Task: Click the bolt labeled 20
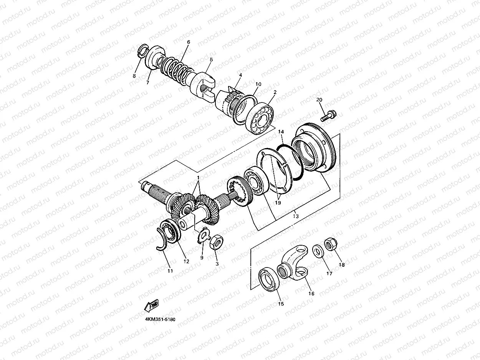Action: click(x=328, y=116)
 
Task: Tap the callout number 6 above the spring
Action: click(x=189, y=42)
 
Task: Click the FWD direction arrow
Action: click(x=151, y=306)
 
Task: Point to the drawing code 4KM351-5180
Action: click(x=160, y=319)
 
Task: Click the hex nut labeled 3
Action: click(x=216, y=242)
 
